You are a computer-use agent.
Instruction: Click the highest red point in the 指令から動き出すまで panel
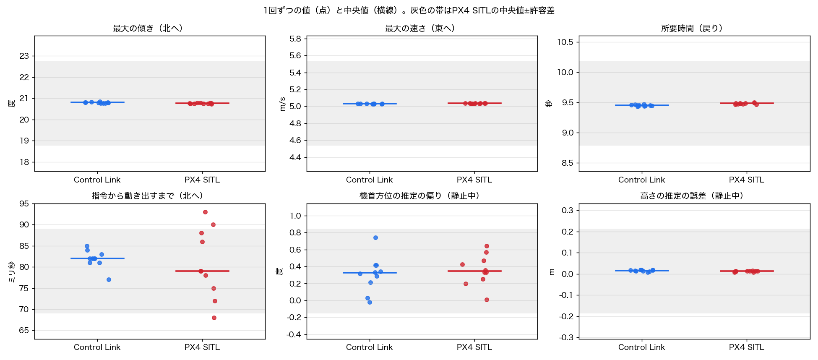click(x=205, y=212)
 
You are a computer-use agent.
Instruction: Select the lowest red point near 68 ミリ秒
click(x=214, y=318)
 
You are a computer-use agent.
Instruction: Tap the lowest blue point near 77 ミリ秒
click(x=109, y=280)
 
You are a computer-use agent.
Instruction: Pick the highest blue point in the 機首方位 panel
click(x=375, y=238)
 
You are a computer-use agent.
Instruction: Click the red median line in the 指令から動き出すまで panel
click(x=202, y=271)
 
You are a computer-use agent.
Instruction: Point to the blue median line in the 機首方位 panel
click(x=370, y=273)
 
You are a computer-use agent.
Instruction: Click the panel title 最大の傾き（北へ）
click(x=148, y=28)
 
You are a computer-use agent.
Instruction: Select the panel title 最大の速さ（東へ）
click(x=420, y=28)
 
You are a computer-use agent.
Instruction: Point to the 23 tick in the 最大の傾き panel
click(x=24, y=56)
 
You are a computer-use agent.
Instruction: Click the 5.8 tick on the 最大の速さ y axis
click(x=295, y=39)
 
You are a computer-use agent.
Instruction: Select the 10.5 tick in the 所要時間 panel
click(x=565, y=42)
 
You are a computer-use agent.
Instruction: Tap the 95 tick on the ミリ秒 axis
click(x=24, y=203)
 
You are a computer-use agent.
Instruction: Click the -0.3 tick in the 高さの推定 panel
click(x=566, y=337)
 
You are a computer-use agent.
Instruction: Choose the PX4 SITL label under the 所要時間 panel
click(x=747, y=180)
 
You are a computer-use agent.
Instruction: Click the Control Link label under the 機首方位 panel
click(x=370, y=347)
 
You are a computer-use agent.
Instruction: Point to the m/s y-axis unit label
click(x=283, y=104)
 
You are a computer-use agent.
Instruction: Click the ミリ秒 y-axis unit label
click(x=11, y=272)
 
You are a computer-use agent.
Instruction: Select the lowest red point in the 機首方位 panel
click(x=487, y=300)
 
